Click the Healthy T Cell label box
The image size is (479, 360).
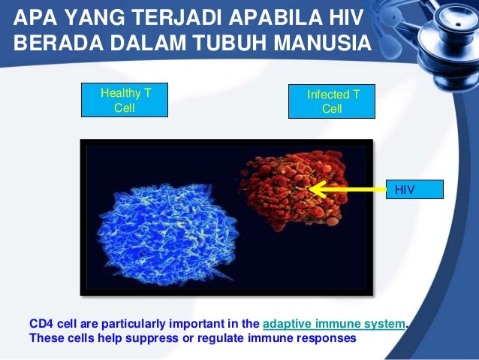(x=125, y=100)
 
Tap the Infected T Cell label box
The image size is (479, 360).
(x=332, y=101)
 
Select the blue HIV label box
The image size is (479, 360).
(x=414, y=189)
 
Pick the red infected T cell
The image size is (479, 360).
(x=294, y=189)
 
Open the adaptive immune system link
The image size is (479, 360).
(x=334, y=324)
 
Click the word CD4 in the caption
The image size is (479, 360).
(x=41, y=324)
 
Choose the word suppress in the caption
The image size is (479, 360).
(x=152, y=339)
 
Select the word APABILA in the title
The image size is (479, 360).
(x=276, y=17)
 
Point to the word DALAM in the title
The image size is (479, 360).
(x=149, y=43)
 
